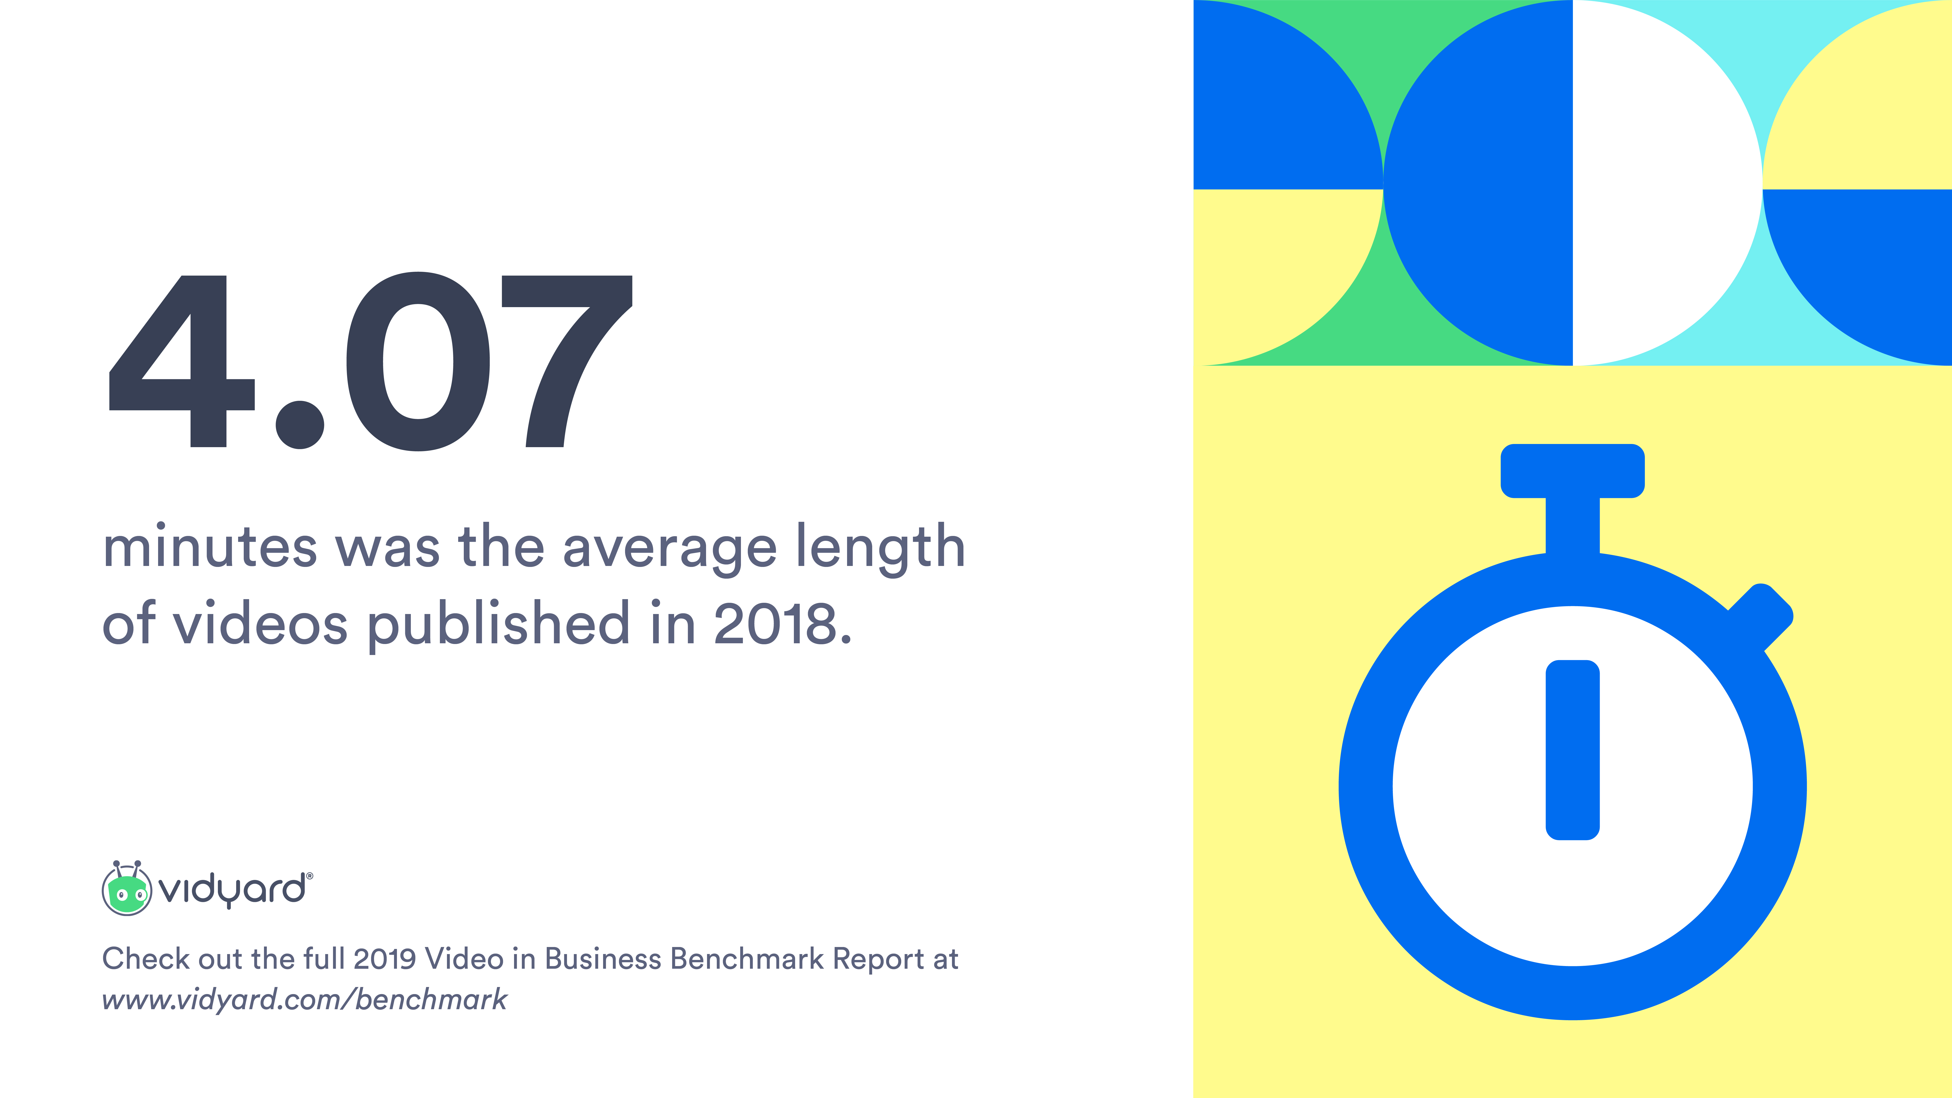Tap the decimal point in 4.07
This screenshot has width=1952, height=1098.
[x=300, y=424]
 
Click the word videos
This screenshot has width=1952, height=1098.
[x=261, y=623]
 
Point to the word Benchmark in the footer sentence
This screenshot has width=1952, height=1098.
[x=747, y=958]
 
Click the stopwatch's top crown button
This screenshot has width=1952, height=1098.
[x=1572, y=471]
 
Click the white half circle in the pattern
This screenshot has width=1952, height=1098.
[x=1667, y=183]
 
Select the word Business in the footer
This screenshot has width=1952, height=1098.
[x=603, y=958]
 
